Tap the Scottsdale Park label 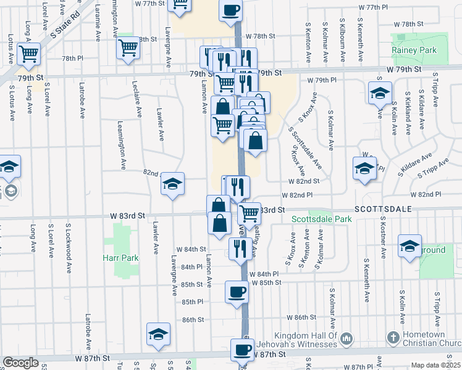coord(321,219)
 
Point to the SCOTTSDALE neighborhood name coord(382,210)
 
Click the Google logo coord(20,363)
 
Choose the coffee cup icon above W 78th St coord(230,10)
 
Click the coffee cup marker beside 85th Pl coord(237,292)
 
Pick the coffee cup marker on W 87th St coord(241,350)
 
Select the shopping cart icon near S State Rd coord(28,53)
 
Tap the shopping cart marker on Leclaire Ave coord(128,47)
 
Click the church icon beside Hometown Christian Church coord(393,337)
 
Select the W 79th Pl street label coord(325,81)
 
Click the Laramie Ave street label coord(97,25)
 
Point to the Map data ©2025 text coord(436,365)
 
